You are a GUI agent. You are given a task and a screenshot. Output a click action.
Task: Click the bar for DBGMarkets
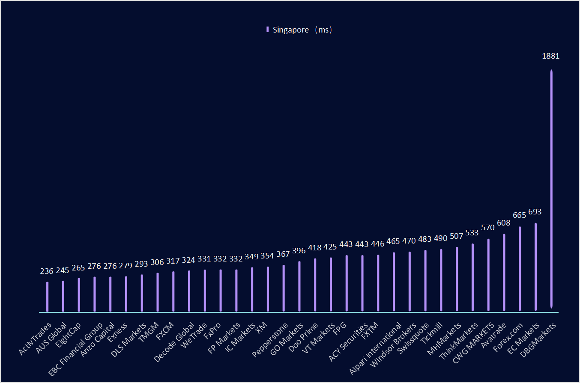pos(551,188)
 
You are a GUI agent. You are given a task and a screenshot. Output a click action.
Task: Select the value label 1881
pos(550,56)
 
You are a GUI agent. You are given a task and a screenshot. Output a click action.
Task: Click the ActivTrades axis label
pos(35,339)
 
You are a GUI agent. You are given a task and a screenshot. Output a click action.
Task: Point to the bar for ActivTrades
pos(47,297)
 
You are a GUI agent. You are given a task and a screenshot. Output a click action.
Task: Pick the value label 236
pos(47,271)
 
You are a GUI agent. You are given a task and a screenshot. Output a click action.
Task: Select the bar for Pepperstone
pos(284,288)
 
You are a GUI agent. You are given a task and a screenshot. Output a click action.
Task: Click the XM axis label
pos(261,327)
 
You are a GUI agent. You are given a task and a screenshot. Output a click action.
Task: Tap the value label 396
pos(299,251)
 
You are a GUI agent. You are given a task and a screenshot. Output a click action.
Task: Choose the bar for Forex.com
pos(520,268)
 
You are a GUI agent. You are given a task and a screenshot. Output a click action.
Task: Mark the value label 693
pos(535,212)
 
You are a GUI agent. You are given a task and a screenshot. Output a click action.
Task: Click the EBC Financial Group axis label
pos(76,349)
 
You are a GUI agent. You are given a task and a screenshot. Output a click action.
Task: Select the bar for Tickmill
pos(441,280)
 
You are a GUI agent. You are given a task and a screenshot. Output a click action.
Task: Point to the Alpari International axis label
pos(376,349)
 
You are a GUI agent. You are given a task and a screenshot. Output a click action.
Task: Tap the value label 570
pos(488,228)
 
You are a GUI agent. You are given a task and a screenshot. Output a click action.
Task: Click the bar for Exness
pos(126,294)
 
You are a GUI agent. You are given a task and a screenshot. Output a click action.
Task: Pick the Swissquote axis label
pos(413,339)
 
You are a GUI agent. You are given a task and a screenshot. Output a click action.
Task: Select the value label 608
pos(504,223)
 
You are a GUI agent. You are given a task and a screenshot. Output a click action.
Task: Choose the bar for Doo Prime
pos(315,285)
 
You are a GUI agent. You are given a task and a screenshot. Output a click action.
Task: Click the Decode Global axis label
pos(174,342)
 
